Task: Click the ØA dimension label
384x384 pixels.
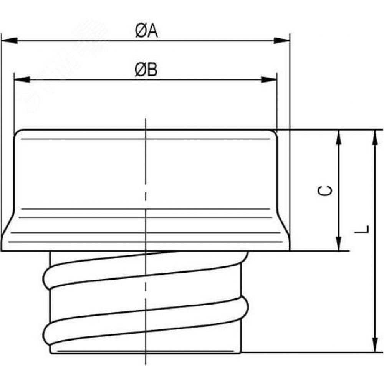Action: coord(146,31)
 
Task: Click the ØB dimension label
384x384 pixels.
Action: coord(146,70)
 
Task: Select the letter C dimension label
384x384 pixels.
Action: coord(325,190)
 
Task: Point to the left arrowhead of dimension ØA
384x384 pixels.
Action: coord(9,40)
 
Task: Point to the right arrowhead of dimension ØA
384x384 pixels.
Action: coord(281,40)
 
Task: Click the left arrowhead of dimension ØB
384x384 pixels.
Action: coord(22,79)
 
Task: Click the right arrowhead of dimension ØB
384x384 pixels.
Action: coord(269,79)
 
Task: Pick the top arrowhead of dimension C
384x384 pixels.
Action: coord(339,137)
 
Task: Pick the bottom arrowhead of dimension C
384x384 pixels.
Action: coord(339,243)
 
